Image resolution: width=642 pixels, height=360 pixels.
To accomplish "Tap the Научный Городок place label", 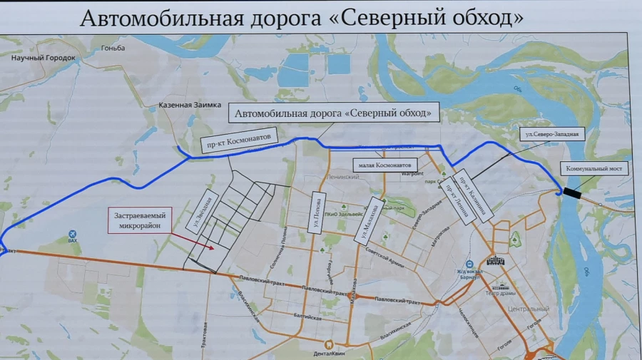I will pos(43,59).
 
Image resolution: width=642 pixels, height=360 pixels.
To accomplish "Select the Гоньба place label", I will pos(113,48).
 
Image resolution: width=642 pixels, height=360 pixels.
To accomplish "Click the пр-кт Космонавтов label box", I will pos(238,142).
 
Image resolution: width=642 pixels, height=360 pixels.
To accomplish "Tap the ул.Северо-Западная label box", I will pos(550,133).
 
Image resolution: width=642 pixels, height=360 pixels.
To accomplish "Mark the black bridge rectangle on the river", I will pos(571,192).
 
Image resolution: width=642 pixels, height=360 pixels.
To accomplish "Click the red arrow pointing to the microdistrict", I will pos(203,245).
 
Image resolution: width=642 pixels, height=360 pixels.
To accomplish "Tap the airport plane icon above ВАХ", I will pos(72,234).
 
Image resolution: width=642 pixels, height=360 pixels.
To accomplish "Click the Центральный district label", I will pos(529,309).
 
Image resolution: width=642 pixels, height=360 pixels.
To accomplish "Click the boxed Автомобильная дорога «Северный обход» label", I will pos(333,113).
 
